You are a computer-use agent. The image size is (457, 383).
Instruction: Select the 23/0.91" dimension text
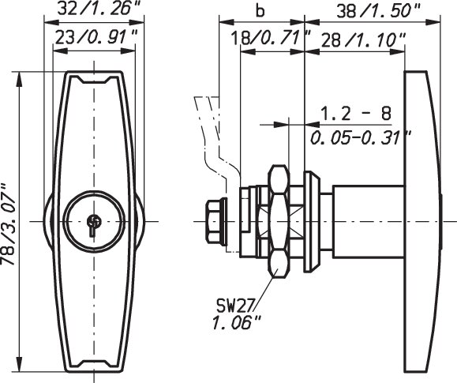point(96,37)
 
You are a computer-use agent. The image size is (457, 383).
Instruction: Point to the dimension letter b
point(260,11)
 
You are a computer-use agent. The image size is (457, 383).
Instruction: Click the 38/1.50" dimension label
point(379,12)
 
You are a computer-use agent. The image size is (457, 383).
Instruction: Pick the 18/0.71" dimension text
point(271,38)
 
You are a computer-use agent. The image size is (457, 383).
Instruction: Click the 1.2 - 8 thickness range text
point(356,114)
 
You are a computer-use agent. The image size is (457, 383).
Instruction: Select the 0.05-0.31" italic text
point(361,137)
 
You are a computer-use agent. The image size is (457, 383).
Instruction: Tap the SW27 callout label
point(236,306)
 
